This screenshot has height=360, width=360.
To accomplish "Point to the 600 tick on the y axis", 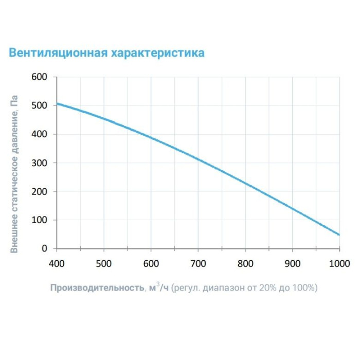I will tap(40, 77).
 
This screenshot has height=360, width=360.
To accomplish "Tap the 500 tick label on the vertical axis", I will tap(40, 105).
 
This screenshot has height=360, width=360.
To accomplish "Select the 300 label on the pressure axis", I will tap(40, 163).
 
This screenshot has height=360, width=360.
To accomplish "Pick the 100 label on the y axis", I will tap(40, 220).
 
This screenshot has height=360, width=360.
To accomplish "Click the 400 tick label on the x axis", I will tap(57, 264).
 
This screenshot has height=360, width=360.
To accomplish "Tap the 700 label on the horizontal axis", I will tap(198, 264).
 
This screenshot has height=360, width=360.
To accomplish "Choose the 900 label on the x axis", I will tap(292, 264).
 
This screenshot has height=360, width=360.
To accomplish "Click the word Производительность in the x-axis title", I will tap(97, 288).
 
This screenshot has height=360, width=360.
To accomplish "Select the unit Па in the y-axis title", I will tap(15, 101).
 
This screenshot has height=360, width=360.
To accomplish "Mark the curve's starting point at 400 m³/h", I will tap(57, 104).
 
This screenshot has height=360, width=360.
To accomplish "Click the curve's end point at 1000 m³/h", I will tap(339, 235).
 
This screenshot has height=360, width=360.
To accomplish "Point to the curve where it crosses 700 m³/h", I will tap(198, 159).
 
